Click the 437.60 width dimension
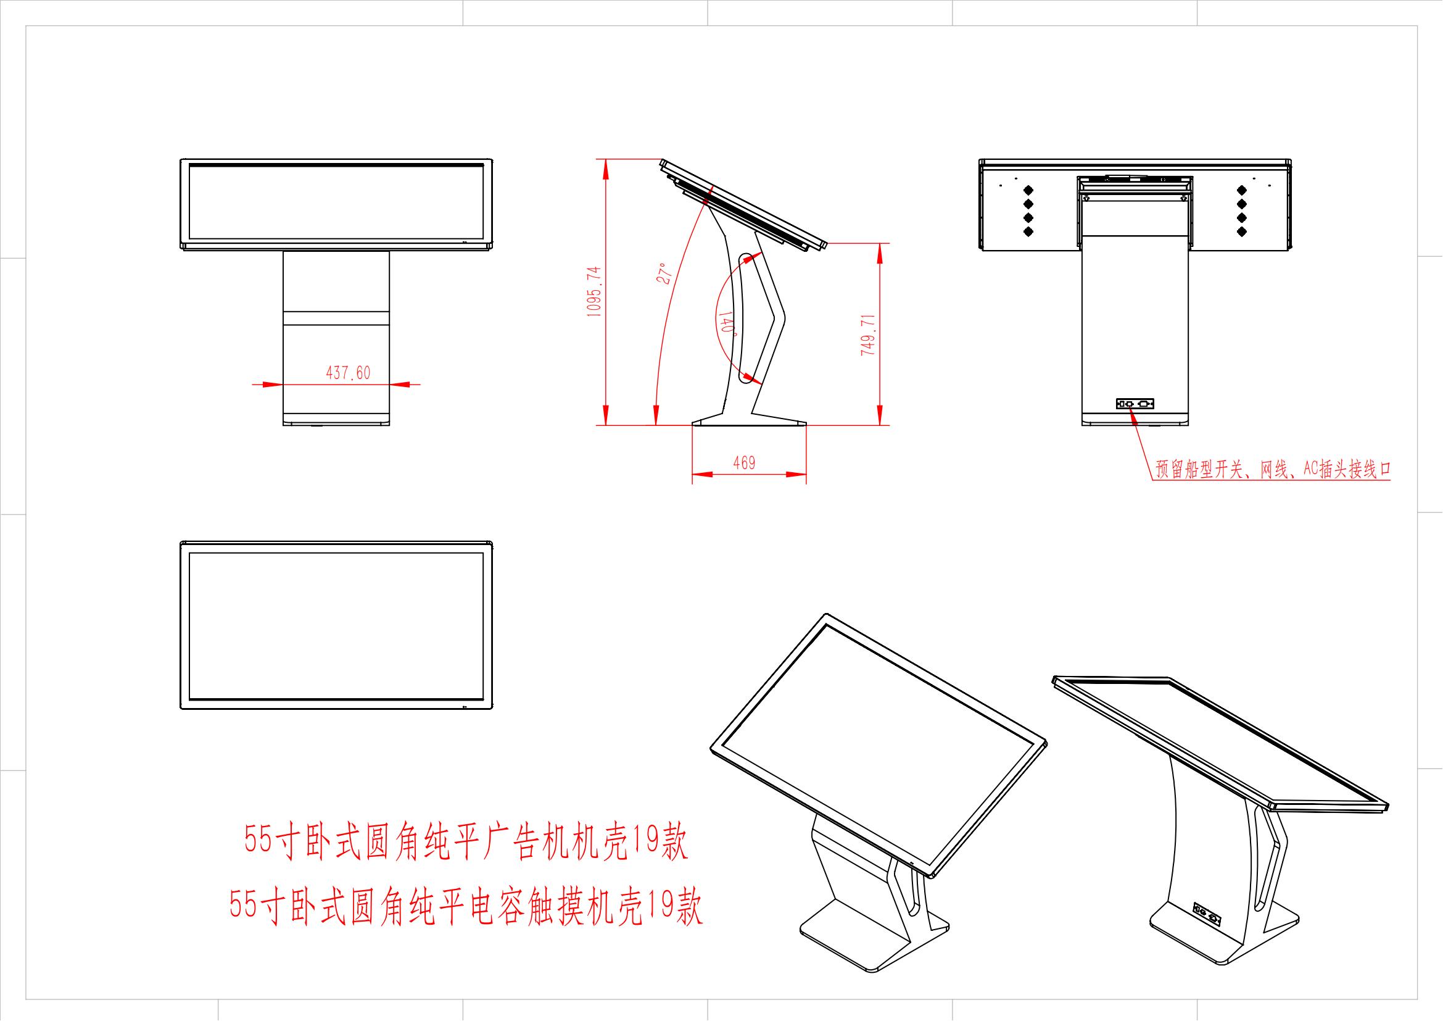point(347,373)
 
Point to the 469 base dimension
point(744,464)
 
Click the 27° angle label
point(666,274)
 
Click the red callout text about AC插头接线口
point(1272,470)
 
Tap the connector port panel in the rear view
point(1135,404)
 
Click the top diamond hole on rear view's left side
point(1029,190)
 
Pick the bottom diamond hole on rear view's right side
point(1241,231)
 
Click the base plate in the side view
point(749,420)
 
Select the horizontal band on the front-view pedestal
point(336,317)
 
